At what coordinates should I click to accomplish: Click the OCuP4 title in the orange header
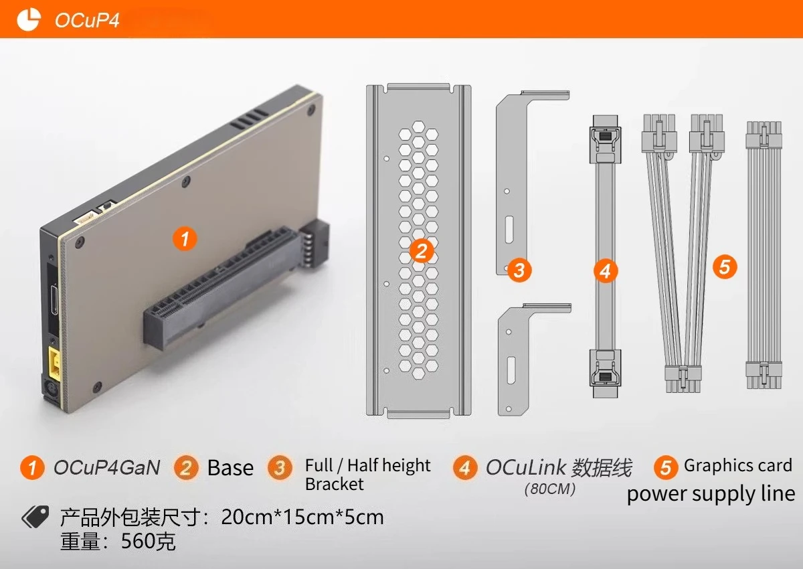click(x=87, y=20)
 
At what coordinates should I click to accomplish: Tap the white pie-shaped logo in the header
click(x=29, y=19)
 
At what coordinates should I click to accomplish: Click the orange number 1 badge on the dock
click(x=185, y=239)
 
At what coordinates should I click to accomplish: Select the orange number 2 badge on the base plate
click(x=421, y=250)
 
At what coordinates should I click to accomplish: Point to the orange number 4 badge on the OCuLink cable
click(x=606, y=270)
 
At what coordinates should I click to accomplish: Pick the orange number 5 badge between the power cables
click(x=725, y=266)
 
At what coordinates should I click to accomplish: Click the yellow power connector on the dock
click(x=54, y=364)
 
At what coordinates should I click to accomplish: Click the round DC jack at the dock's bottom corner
click(x=49, y=388)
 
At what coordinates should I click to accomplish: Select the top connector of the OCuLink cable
click(x=605, y=139)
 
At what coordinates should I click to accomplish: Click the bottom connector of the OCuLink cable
click(x=605, y=374)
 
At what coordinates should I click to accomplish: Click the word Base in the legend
click(x=230, y=467)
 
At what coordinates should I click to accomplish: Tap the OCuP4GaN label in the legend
click(x=107, y=467)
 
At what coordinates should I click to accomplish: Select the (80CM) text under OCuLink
click(x=550, y=489)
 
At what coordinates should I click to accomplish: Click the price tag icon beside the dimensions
click(x=35, y=517)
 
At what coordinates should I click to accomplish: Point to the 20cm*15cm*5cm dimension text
click(x=302, y=517)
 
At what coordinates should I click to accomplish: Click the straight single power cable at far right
click(x=764, y=254)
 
